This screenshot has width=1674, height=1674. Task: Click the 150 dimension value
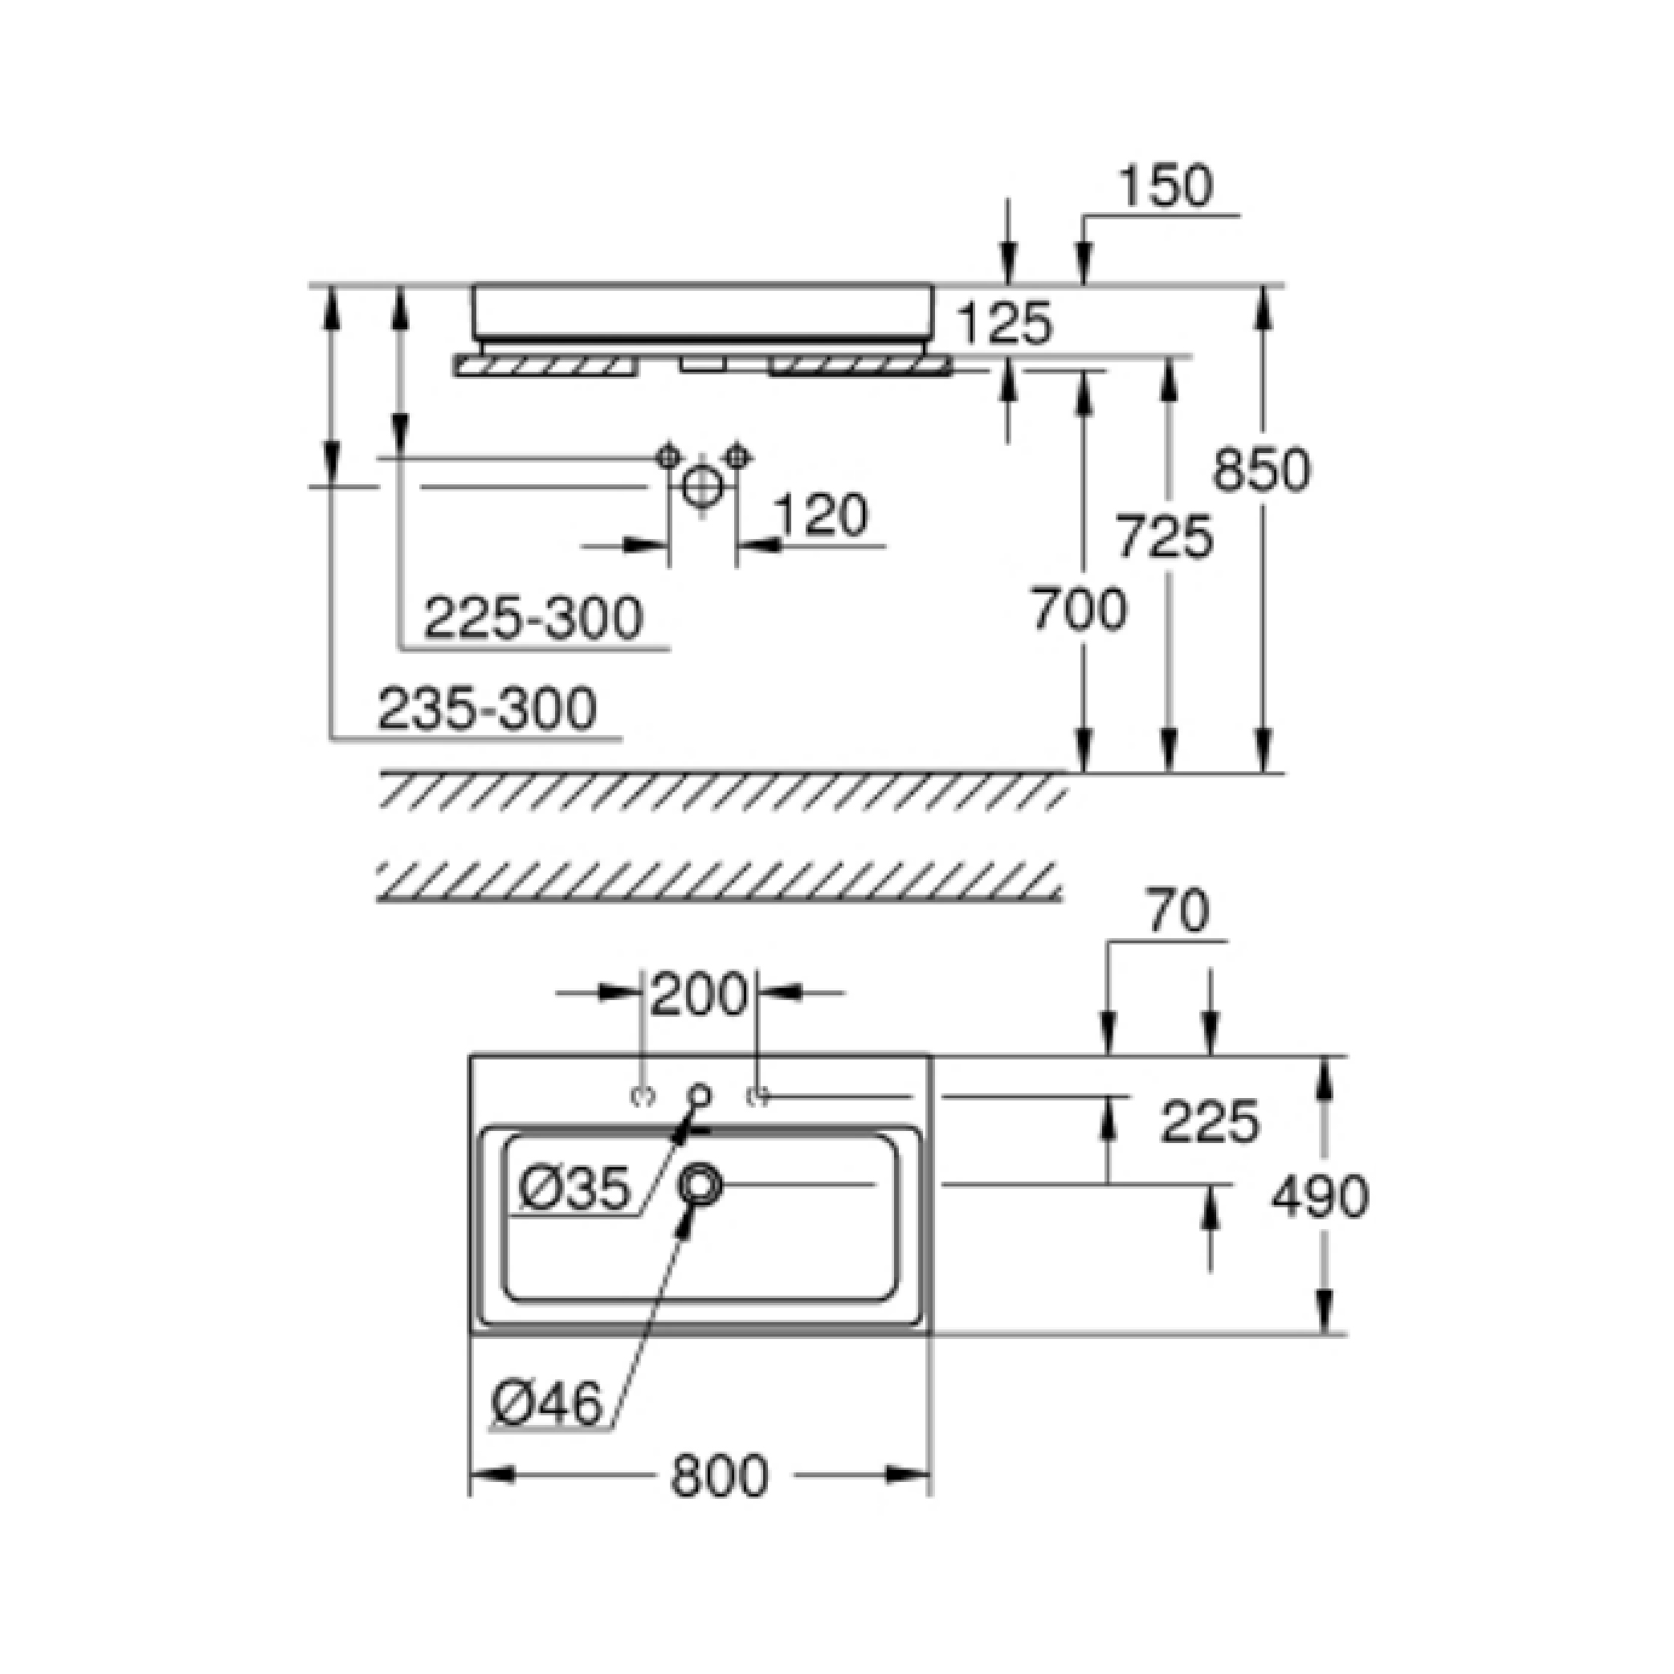coord(1166,186)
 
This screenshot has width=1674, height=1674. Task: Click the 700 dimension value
coord(1079,609)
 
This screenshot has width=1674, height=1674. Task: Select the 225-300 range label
coord(533,619)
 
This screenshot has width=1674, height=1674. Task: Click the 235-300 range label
coord(487,708)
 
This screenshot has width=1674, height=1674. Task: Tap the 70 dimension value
coord(1178,913)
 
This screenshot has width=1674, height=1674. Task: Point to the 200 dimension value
coord(697,994)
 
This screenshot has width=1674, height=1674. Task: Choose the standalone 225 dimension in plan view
coord(1210,1121)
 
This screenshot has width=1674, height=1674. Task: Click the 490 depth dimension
coord(1320,1197)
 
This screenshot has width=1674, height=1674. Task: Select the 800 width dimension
coord(719,1476)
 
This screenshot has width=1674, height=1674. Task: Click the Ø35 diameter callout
coord(574,1189)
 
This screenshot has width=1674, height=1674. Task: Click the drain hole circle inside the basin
coord(699,1183)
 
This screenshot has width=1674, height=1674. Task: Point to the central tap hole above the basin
coord(699,1095)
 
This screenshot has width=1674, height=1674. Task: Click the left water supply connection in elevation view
coord(668,455)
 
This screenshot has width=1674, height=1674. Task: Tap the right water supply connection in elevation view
coord(737,455)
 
